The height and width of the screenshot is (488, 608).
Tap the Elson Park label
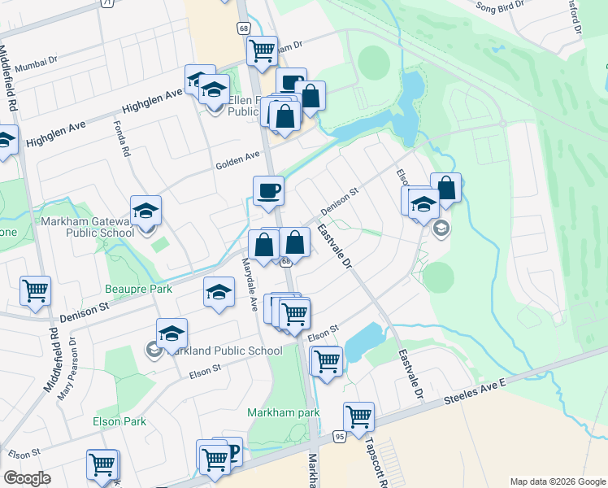(119, 421)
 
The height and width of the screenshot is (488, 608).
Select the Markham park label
(284, 412)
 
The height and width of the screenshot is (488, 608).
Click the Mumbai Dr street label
(30, 59)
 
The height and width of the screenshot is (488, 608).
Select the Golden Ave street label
(237, 161)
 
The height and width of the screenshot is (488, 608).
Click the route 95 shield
(339, 437)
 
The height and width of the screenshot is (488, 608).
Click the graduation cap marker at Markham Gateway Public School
(145, 211)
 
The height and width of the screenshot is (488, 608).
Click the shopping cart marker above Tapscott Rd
(358, 417)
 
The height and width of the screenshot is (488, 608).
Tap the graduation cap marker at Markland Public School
(172, 333)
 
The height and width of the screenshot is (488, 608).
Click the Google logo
(27, 478)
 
